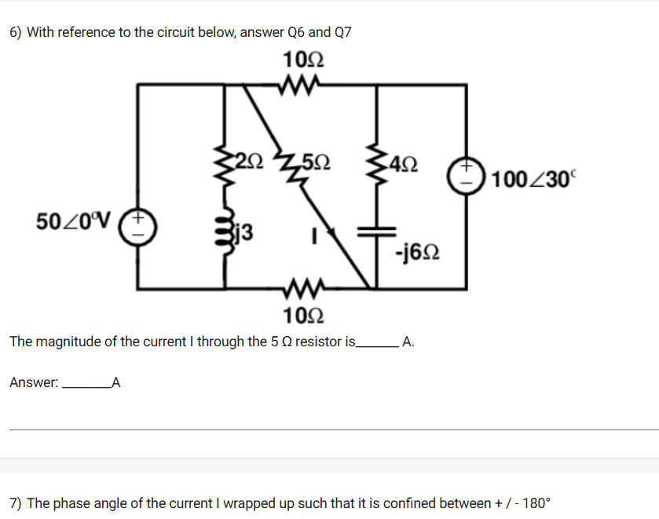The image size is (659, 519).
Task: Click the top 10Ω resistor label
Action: [302, 60]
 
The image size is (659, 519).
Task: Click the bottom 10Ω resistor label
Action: [302, 316]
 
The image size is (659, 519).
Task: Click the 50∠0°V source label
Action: [75, 217]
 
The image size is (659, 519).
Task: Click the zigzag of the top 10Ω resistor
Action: [302, 82]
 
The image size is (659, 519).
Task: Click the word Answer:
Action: [34, 383]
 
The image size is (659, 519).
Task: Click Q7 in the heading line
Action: [343, 32]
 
